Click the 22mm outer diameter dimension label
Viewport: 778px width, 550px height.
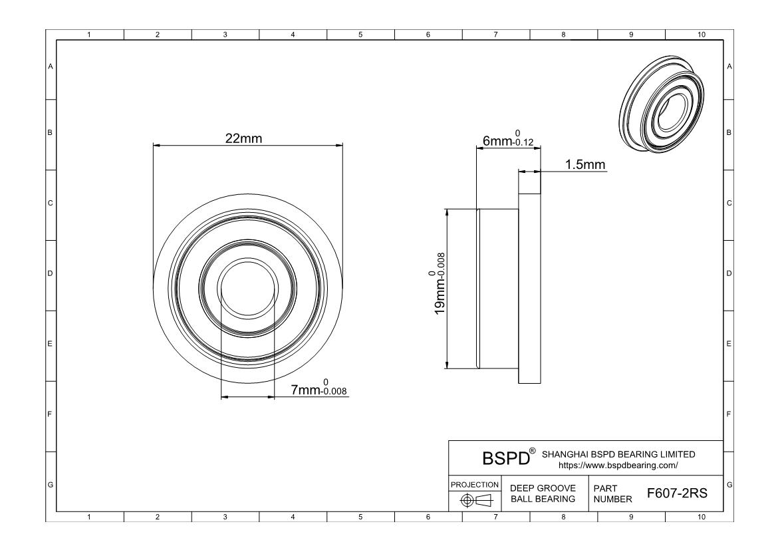click(243, 138)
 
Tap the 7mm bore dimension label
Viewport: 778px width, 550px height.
click(319, 388)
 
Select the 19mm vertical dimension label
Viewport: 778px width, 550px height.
click(439, 283)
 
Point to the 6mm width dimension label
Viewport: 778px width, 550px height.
click(508, 138)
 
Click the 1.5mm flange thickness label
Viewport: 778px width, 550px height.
click(585, 164)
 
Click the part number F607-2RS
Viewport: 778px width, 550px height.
click(677, 493)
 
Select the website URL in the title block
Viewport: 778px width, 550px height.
click(618, 466)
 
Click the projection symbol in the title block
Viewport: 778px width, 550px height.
click(475, 500)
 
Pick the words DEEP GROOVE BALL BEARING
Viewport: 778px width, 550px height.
click(543, 493)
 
